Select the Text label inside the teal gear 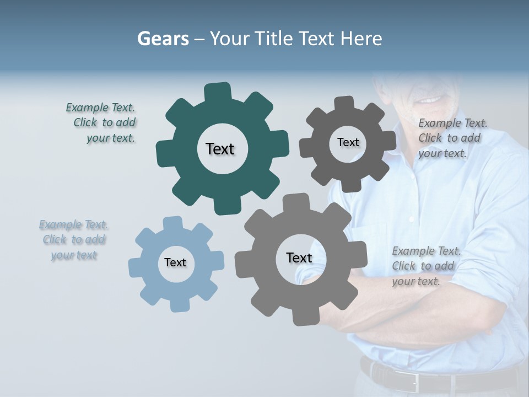click(220, 149)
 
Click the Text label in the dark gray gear click(348, 142)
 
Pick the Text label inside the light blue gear click(175, 262)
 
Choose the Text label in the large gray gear click(299, 257)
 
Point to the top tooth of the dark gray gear click(344, 104)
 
